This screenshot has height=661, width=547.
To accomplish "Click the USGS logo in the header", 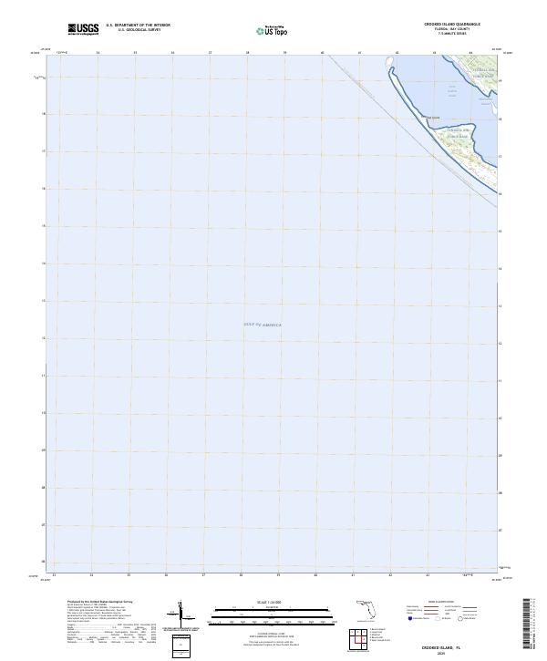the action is (84, 30).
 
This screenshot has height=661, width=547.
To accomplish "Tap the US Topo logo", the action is (270, 31).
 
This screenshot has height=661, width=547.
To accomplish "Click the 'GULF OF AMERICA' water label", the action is (263, 325).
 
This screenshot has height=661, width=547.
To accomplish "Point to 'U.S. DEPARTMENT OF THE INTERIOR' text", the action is (138, 26).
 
